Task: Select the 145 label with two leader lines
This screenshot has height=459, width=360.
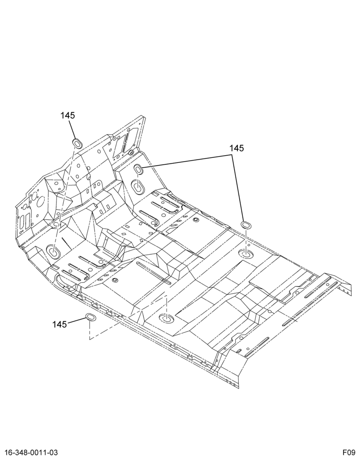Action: tap(236, 148)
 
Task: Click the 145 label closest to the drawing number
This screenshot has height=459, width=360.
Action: tap(59, 325)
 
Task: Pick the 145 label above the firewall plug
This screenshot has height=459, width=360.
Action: tap(67, 115)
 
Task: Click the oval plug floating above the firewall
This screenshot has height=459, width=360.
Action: tap(77, 143)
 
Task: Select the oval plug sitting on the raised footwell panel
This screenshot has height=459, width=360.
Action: tap(138, 169)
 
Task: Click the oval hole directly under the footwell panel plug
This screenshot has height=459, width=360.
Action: tap(137, 186)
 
